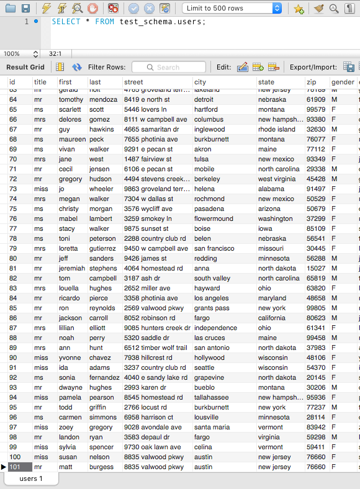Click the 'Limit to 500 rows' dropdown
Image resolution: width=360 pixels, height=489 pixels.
pos(233,9)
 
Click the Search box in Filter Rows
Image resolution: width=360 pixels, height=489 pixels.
pos(169,67)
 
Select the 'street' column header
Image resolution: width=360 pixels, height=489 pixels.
pos(133,82)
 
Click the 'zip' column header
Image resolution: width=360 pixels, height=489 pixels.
pos(312,82)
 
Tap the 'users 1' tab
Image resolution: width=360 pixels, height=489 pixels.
pos(31,478)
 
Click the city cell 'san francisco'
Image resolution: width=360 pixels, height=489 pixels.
pos(214,248)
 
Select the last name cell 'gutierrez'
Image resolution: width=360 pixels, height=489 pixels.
pos(102,248)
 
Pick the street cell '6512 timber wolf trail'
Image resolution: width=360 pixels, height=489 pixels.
pos(155,348)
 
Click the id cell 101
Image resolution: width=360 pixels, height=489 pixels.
pos(16,467)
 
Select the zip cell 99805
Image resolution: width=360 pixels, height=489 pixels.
pos(316,308)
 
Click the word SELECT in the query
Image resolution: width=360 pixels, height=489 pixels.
pos(65,22)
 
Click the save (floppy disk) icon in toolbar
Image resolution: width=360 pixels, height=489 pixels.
pos(25,9)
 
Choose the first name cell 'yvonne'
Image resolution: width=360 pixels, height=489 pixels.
pos(70,357)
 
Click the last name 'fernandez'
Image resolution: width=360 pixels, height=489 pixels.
pos(104,377)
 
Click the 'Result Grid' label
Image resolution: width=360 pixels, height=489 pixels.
pos(25,67)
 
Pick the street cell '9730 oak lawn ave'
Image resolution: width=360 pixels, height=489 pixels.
pos(152,447)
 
